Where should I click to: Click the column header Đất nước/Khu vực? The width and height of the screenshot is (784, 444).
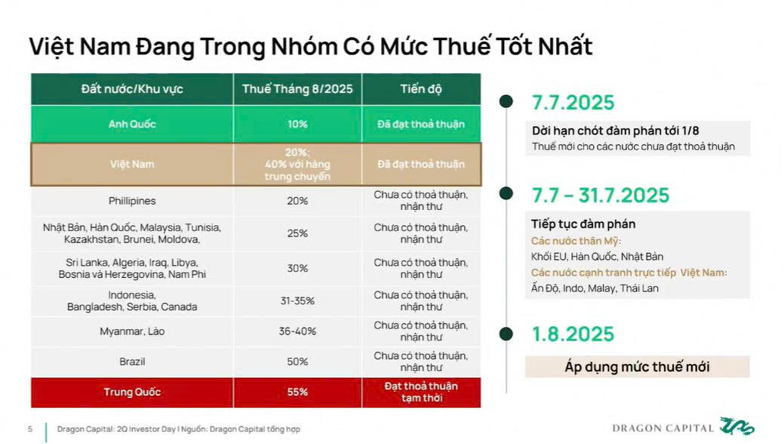[132, 89]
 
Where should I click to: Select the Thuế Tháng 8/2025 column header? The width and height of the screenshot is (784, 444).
[297, 89]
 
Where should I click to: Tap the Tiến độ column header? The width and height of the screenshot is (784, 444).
[421, 89]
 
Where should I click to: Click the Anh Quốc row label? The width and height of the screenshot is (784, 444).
[132, 124]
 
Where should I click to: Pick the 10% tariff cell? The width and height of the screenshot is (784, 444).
[297, 124]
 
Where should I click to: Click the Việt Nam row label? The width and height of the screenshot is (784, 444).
[132, 164]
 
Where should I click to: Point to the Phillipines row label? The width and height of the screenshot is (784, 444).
[132, 201]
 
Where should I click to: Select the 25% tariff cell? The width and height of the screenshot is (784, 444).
[297, 233]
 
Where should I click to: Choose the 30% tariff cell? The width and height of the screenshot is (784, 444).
[297, 268]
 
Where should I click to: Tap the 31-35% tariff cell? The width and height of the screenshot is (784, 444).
[297, 301]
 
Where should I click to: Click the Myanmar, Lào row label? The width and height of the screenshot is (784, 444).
[132, 331]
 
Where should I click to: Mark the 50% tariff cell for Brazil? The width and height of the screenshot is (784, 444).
[297, 362]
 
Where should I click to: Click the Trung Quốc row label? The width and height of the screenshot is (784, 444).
[132, 392]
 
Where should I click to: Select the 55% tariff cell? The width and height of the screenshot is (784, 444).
[297, 392]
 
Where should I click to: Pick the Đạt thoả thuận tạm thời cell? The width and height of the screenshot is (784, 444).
[421, 392]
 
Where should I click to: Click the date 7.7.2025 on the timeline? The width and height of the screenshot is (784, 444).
[573, 103]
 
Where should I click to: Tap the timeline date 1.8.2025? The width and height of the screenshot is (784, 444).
[573, 334]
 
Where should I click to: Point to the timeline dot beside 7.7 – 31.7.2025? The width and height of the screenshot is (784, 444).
[506, 194]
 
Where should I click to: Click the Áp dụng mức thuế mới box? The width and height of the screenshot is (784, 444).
[637, 367]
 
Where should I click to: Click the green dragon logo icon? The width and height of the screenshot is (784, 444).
[736, 427]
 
